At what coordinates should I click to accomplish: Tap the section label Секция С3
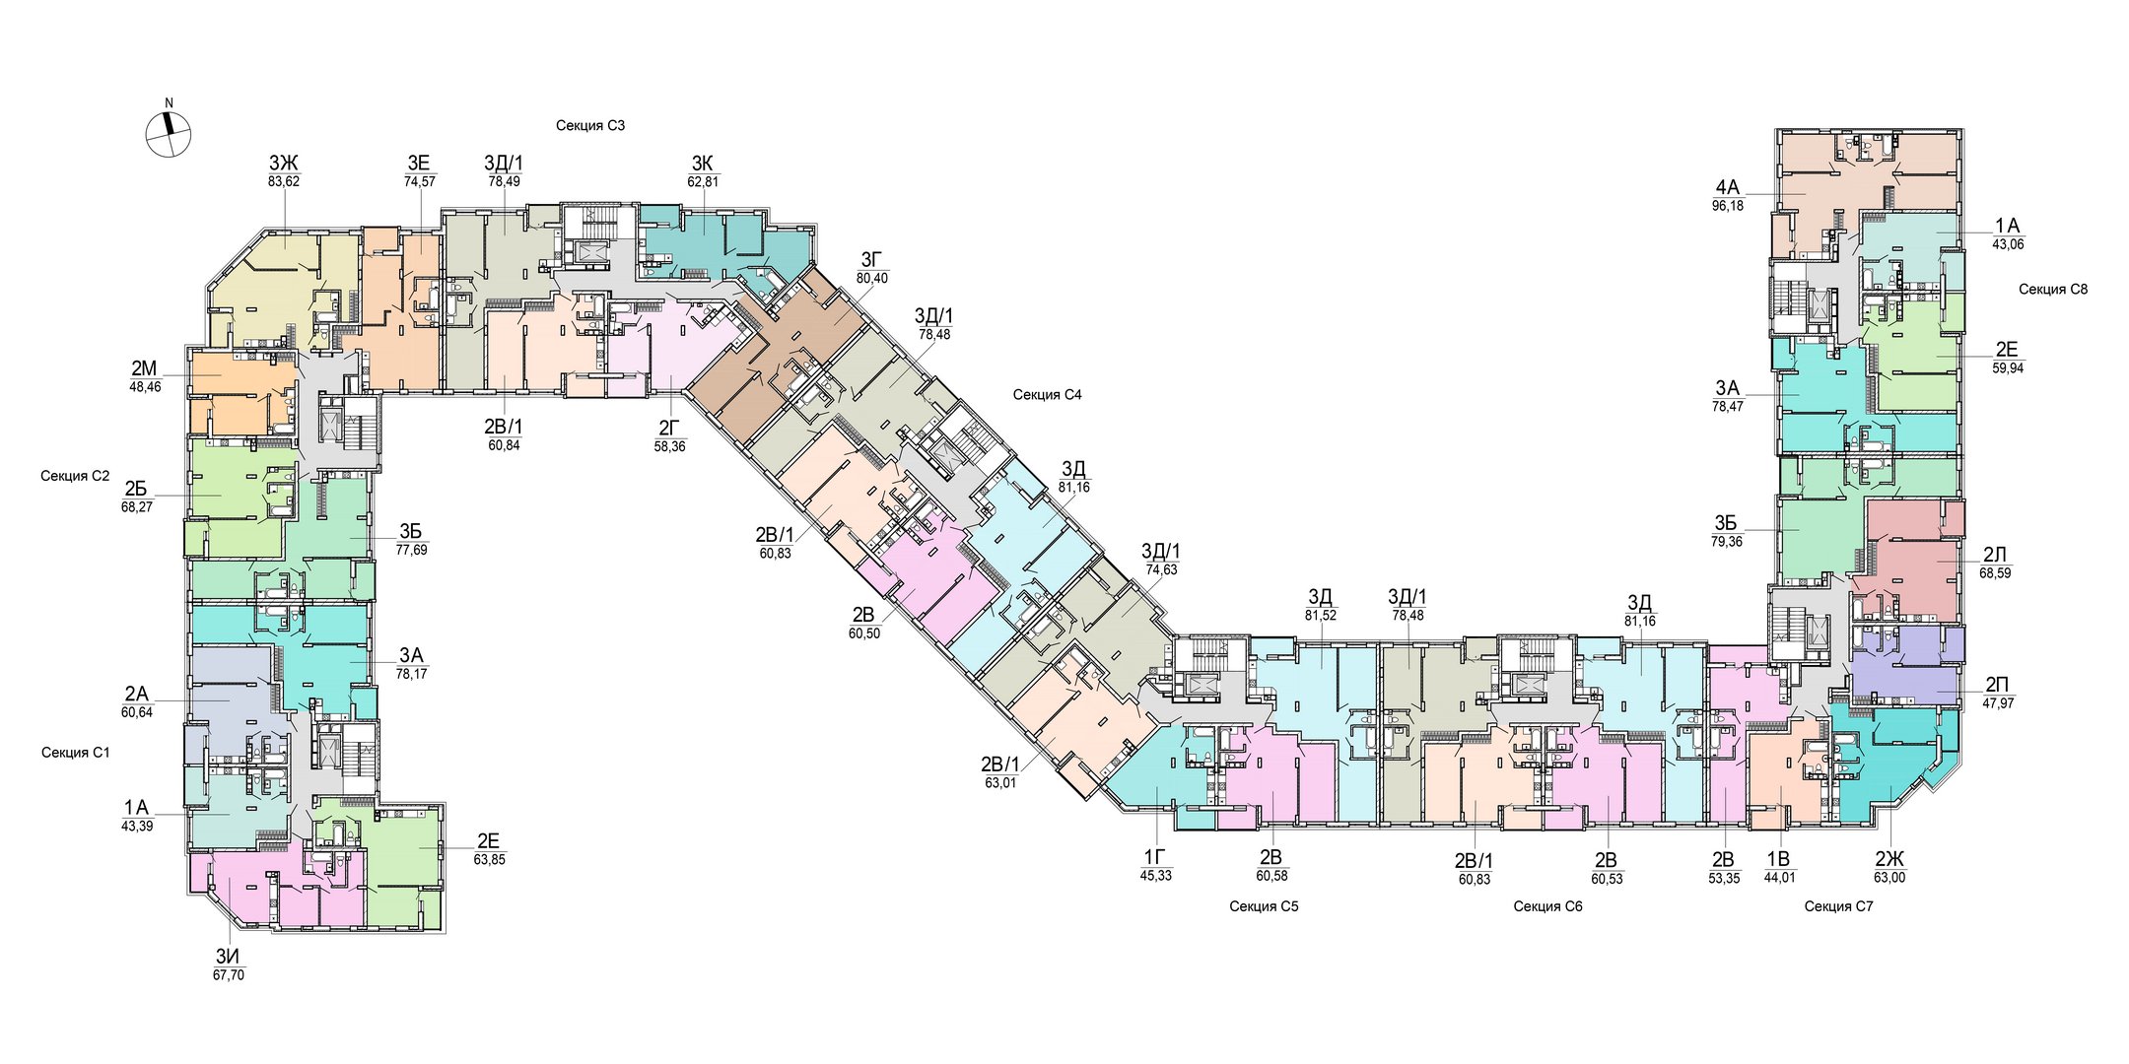590,125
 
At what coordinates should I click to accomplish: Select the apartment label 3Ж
284,163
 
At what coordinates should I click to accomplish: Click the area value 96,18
1728,206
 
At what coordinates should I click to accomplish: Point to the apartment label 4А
1728,187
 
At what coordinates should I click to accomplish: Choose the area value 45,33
1156,875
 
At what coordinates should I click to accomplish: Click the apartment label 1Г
1156,856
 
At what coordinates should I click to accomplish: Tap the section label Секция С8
2053,289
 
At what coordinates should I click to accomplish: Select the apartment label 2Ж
1890,858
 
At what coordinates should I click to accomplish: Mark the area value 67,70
229,975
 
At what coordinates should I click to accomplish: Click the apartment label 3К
703,163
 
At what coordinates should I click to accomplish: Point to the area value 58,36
669,446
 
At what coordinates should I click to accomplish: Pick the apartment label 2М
144,369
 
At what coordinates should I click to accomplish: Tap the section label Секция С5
1264,905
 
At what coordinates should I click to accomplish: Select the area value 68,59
1995,572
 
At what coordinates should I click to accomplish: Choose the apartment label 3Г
872,260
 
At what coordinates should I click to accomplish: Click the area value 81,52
1321,616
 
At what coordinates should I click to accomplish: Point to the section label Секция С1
76,752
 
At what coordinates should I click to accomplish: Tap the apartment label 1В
1779,858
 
